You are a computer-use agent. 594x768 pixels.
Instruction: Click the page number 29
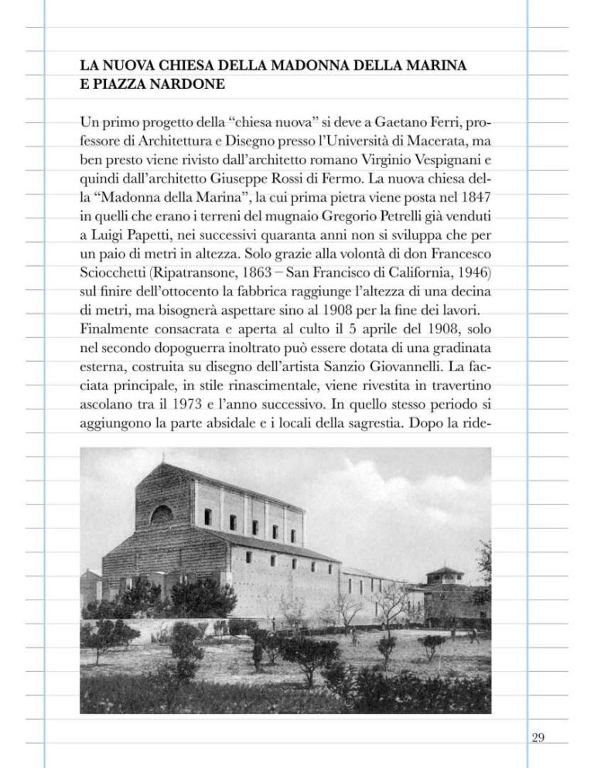tap(538, 737)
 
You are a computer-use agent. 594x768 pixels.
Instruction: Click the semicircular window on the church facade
tap(162, 514)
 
